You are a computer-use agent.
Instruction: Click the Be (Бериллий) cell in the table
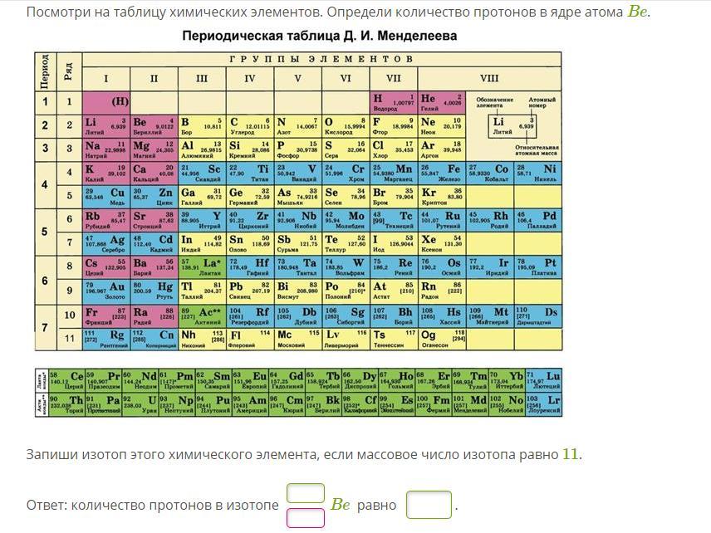coord(154,125)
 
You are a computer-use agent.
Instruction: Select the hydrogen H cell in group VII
coord(393,102)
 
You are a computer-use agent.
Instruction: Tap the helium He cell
coord(440,102)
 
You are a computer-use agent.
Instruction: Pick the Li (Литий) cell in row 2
coord(105,125)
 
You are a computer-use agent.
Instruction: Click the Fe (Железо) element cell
coord(440,171)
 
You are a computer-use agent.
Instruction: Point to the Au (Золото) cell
coord(105,290)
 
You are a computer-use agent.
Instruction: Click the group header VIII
coord(489,79)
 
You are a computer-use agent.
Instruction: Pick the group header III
coord(202,79)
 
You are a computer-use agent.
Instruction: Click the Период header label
coord(45,71)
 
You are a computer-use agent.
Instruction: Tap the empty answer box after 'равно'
coord(429,505)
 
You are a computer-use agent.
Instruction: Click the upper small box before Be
coord(305,493)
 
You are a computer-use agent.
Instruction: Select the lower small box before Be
coord(305,517)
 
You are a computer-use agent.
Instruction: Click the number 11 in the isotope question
coord(570,454)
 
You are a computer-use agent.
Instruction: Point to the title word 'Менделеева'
coord(417,37)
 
